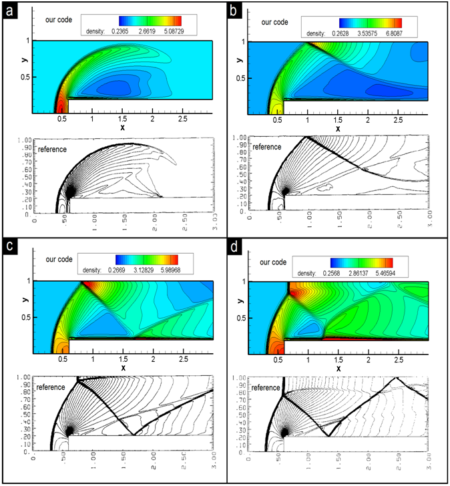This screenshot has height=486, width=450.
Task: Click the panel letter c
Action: [x=10, y=248]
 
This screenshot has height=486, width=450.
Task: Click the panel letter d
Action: [x=233, y=248]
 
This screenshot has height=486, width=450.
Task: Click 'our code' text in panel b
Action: [x=273, y=22]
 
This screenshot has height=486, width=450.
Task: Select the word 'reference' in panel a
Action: [x=52, y=148]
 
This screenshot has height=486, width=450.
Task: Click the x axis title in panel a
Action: [x=122, y=127]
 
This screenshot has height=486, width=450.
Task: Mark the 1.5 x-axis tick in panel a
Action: [x=122, y=118]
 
